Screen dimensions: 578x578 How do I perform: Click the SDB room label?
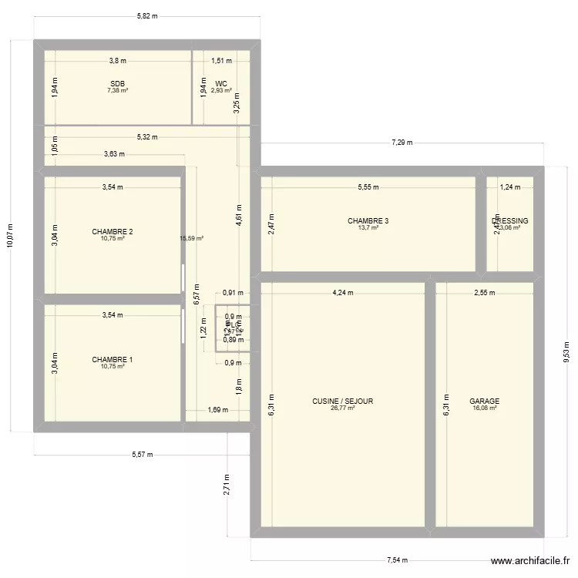click(x=117, y=83)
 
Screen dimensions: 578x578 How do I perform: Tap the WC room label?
click(x=221, y=83)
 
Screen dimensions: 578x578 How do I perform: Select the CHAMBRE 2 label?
click(x=113, y=232)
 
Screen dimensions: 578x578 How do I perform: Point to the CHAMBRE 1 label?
click(x=113, y=360)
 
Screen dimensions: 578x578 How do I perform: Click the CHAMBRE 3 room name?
click(x=368, y=221)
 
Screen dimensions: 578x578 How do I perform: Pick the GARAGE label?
click(x=484, y=402)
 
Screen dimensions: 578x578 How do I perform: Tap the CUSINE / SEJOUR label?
click(x=343, y=402)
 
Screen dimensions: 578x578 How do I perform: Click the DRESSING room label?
click(x=509, y=221)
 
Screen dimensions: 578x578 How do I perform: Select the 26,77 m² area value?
click(x=343, y=408)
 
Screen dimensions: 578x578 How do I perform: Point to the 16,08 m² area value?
click(x=484, y=408)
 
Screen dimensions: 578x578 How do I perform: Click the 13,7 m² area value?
click(x=368, y=228)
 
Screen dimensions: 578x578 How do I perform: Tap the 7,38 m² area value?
click(x=117, y=90)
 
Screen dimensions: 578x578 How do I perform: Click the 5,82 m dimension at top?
click(x=146, y=15)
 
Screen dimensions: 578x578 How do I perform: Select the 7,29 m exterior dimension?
click(x=402, y=143)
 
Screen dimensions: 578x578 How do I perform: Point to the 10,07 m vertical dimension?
click(x=10, y=236)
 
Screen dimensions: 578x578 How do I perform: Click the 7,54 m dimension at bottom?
click(x=397, y=561)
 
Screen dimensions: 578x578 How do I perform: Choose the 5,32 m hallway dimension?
click(x=146, y=137)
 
